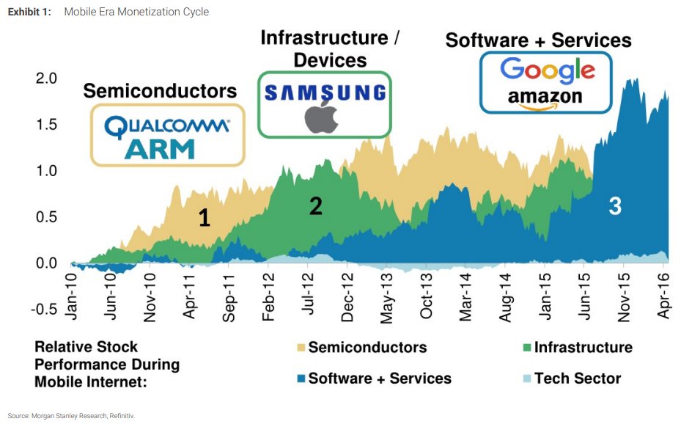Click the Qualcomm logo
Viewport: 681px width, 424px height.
click(167, 127)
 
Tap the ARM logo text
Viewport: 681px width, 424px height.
click(160, 149)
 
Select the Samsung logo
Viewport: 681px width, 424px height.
click(324, 92)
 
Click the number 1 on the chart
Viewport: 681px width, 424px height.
click(205, 217)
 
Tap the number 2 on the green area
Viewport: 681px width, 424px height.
click(315, 207)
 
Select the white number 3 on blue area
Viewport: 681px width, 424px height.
click(615, 207)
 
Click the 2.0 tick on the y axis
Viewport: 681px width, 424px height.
click(46, 78)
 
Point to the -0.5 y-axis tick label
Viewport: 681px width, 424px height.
click(44, 309)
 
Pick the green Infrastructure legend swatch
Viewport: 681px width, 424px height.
click(524, 347)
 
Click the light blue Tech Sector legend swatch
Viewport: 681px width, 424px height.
click(524, 379)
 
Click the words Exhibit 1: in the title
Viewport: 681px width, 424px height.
click(30, 12)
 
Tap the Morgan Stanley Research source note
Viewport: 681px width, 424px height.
click(72, 415)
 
